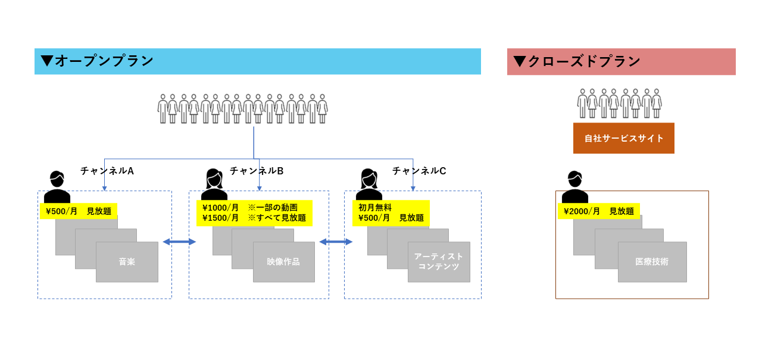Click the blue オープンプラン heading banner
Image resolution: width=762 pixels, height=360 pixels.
tap(257, 61)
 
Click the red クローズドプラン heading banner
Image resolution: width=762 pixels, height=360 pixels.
tap(621, 62)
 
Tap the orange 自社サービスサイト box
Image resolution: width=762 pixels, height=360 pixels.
tap(623, 138)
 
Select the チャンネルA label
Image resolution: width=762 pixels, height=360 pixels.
tap(107, 171)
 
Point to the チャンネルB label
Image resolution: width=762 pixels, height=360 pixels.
tap(257, 171)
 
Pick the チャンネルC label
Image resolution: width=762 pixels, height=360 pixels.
tap(419, 171)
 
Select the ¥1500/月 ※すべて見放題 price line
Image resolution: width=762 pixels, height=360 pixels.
tap(254, 218)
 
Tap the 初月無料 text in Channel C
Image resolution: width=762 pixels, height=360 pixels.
tap(375, 207)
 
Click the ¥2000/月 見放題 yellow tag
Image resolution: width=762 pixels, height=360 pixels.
tap(599, 211)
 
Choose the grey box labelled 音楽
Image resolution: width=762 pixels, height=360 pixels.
tap(127, 262)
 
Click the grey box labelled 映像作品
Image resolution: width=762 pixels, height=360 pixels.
tap(283, 262)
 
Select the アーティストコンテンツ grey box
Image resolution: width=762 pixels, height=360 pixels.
tap(439, 262)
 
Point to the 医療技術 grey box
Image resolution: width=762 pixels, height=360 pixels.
tap(652, 262)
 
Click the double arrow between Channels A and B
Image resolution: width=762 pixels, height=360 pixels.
tap(179, 242)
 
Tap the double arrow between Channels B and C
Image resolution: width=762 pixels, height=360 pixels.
tap(336, 242)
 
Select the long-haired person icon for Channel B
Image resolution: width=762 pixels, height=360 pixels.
tap(214, 184)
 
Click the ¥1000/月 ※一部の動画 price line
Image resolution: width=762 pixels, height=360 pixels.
tap(250, 208)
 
